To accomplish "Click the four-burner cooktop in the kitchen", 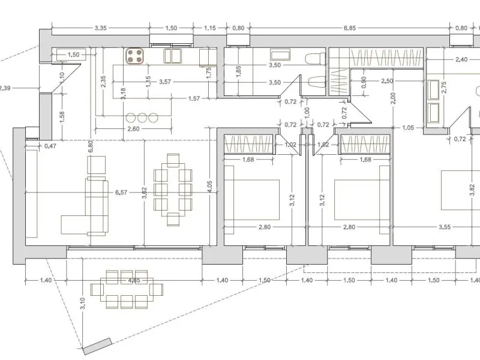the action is (134, 56).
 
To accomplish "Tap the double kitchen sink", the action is (173, 56).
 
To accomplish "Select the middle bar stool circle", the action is (142, 118).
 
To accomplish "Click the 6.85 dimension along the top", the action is (350, 28).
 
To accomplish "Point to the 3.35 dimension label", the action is (100, 28).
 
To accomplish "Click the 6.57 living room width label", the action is (121, 192).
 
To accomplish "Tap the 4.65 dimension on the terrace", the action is (134, 280).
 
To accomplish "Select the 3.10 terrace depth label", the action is (83, 304).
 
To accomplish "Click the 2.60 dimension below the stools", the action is (133, 129).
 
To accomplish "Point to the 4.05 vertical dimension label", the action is (209, 187).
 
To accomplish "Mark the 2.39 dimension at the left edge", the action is (5, 88).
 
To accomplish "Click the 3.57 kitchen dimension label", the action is (165, 82).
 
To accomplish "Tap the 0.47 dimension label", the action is (50, 146).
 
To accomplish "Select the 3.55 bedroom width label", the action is (445, 227).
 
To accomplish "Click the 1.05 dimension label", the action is (408, 128).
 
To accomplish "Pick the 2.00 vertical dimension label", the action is (394, 98).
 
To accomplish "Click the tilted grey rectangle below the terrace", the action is (97, 346).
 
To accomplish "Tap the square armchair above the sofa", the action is (97, 165).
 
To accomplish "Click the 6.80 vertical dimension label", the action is (91, 146).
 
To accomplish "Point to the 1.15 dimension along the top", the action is (209, 28).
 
